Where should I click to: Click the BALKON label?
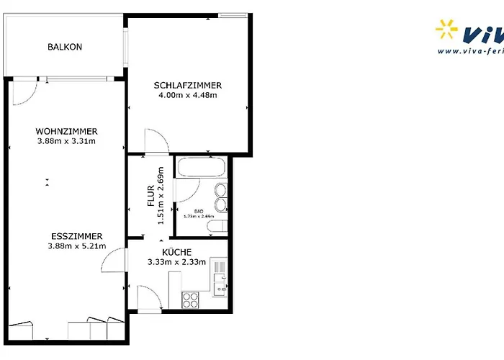click(x=65, y=47)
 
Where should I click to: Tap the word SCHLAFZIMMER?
click(x=188, y=86)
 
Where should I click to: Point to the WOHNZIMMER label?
click(x=66, y=131)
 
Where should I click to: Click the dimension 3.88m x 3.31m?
click(x=66, y=141)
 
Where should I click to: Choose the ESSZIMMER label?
click(x=76, y=236)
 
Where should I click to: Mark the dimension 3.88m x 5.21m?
click(x=76, y=247)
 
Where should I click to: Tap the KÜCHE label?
click(x=176, y=252)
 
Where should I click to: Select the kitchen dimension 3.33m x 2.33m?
click(x=176, y=262)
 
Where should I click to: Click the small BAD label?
click(x=199, y=210)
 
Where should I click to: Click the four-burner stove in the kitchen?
click(x=190, y=299)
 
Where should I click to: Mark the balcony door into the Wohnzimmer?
click(x=24, y=90)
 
